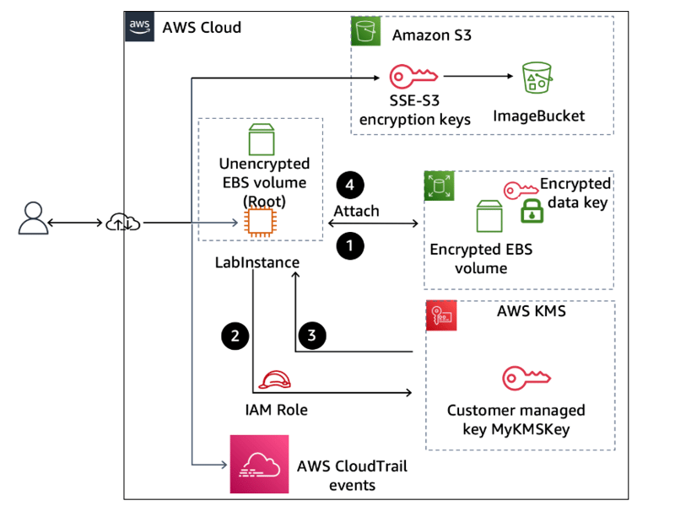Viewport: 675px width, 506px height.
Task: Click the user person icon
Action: pos(31,218)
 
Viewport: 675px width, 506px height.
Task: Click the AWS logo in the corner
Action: pos(138,27)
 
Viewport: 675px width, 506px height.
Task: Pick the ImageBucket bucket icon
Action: pos(537,78)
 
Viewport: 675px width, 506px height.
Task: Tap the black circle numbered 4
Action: pos(349,186)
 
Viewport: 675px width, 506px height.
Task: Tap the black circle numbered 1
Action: pos(349,246)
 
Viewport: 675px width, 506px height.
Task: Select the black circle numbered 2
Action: pos(235,336)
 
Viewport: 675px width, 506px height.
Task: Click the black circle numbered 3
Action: pos(312,336)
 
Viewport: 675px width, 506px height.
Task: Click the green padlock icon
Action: pos(532,212)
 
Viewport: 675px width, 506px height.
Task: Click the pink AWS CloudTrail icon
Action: pos(259,464)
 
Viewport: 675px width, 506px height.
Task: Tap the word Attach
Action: pos(356,211)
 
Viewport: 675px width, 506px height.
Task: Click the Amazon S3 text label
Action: pos(432,35)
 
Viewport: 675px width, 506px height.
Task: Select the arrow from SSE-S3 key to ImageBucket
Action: pos(478,77)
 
